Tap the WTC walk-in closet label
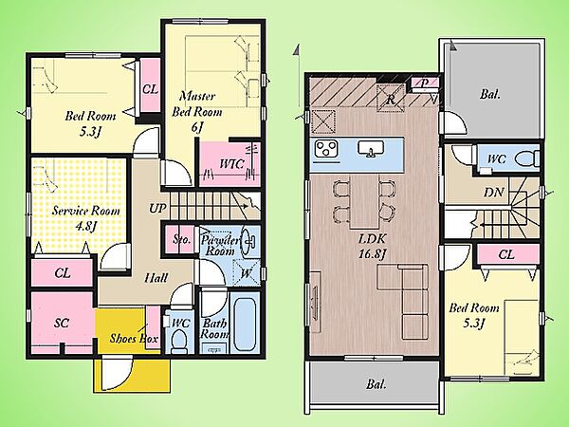[x=231, y=164]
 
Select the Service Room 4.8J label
[x=85, y=218]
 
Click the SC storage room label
[x=62, y=323]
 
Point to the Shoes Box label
[x=134, y=339]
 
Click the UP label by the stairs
[x=157, y=209]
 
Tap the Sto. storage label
[x=181, y=239]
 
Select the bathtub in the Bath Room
[x=245, y=323]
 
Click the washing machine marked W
[x=247, y=273]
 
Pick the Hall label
[x=156, y=278]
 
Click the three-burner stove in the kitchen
[x=326, y=149]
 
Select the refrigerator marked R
[x=391, y=99]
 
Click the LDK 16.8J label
[x=373, y=246]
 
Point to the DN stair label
[x=494, y=192]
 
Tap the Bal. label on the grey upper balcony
[x=490, y=94]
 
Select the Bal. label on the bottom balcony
[x=376, y=383]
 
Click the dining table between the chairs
[x=364, y=202]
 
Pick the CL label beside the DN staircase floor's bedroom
[x=506, y=254]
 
